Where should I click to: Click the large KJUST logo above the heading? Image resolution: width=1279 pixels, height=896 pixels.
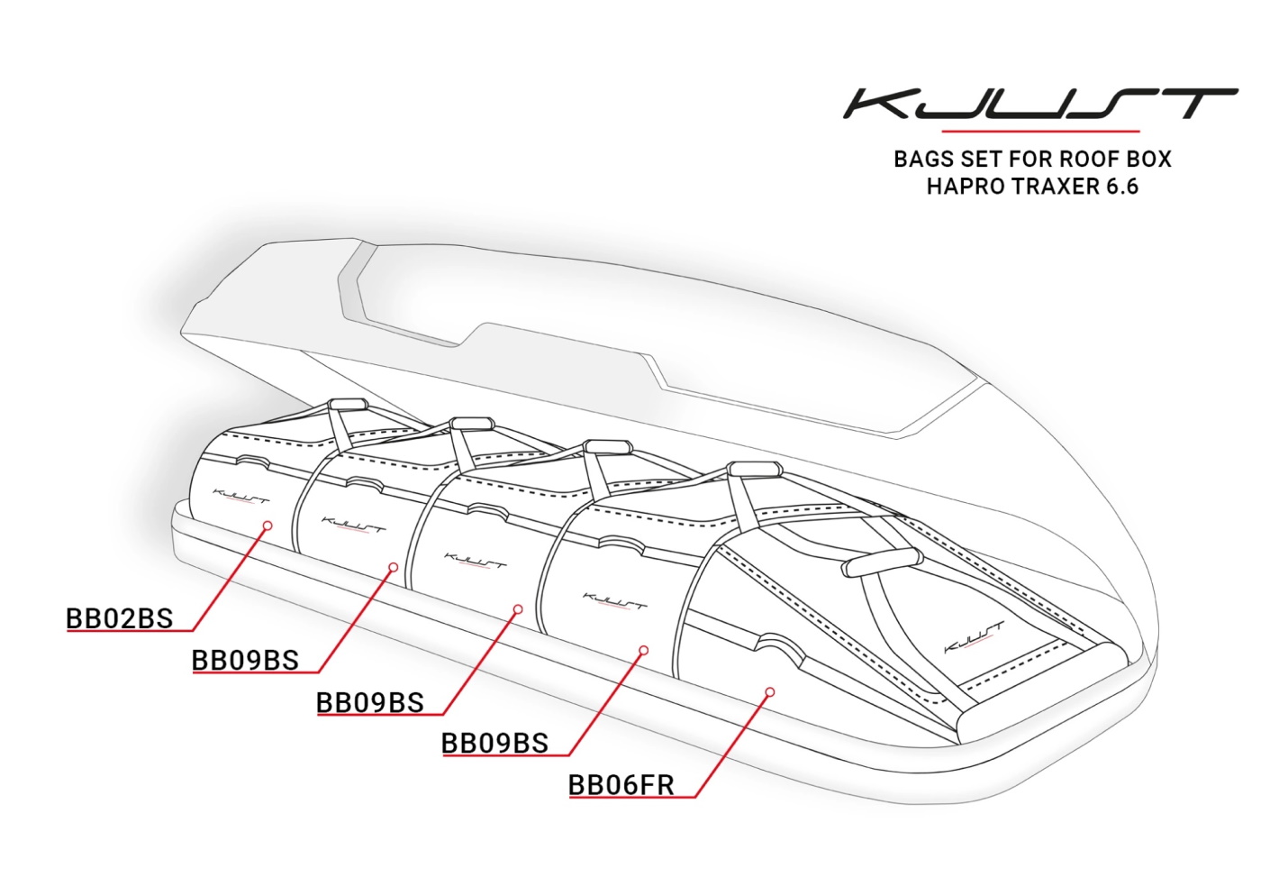click(1039, 104)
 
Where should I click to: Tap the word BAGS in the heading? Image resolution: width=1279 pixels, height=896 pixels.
click(923, 160)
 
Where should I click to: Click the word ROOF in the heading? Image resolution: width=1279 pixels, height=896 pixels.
click(1084, 160)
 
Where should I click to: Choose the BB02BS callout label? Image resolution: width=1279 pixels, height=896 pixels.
click(120, 618)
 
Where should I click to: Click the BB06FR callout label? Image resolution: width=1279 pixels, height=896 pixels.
click(621, 785)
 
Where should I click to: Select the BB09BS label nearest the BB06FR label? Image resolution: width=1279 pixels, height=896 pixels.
click(495, 743)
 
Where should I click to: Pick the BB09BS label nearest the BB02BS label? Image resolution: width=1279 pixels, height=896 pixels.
click(245, 661)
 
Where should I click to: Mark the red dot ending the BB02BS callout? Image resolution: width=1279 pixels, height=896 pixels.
click(268, 524)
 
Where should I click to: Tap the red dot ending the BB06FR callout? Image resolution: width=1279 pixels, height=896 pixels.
click(769, 692)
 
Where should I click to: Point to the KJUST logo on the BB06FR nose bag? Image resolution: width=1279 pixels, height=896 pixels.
click(973, 637)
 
